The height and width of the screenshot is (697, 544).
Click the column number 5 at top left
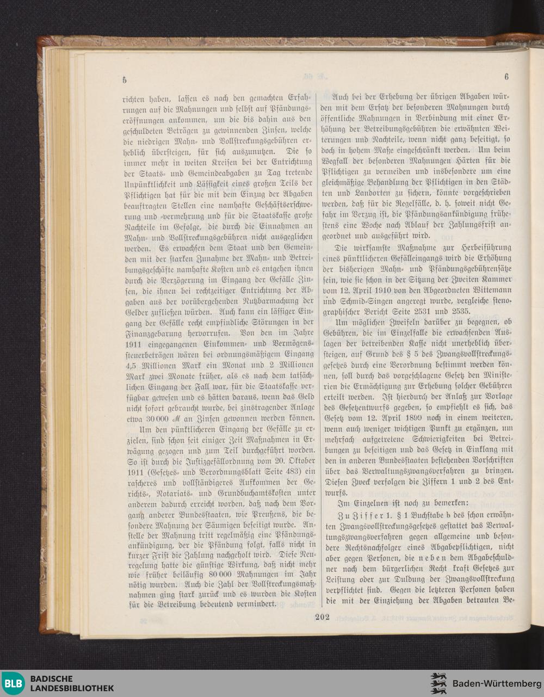tap(125, 79)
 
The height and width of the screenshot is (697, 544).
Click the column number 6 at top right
tap(506, 77)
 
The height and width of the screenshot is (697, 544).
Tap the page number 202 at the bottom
tap(323, 616)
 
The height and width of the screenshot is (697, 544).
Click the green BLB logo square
tap(13, 683)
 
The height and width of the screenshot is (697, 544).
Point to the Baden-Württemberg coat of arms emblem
tap(438, 683)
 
